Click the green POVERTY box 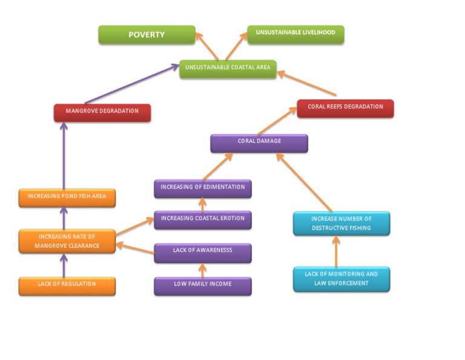coord(147,35)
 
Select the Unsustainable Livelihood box coord(295,35)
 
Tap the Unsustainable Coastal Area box coord(228,69)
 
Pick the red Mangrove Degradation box coord(102,113)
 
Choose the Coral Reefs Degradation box coord(346,108)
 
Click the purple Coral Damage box coord(259,144)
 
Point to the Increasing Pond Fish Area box coord(67,198)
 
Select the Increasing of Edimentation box coord(203,188)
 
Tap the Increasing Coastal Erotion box coord(203,220)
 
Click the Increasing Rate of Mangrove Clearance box coord(67,241)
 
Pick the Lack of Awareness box coord(203,253)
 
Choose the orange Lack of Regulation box coord(67,286)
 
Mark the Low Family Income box coord(203,286)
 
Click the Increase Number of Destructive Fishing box coord(341,224)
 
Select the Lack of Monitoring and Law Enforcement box coord(341,279)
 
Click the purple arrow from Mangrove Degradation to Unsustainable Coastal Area coord(132,84)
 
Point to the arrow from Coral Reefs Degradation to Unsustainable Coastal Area coord(306,83)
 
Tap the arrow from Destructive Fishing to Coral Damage coord(304,182)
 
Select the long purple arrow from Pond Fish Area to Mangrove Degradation coord(64,156)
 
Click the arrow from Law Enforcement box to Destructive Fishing coord(336,252)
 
